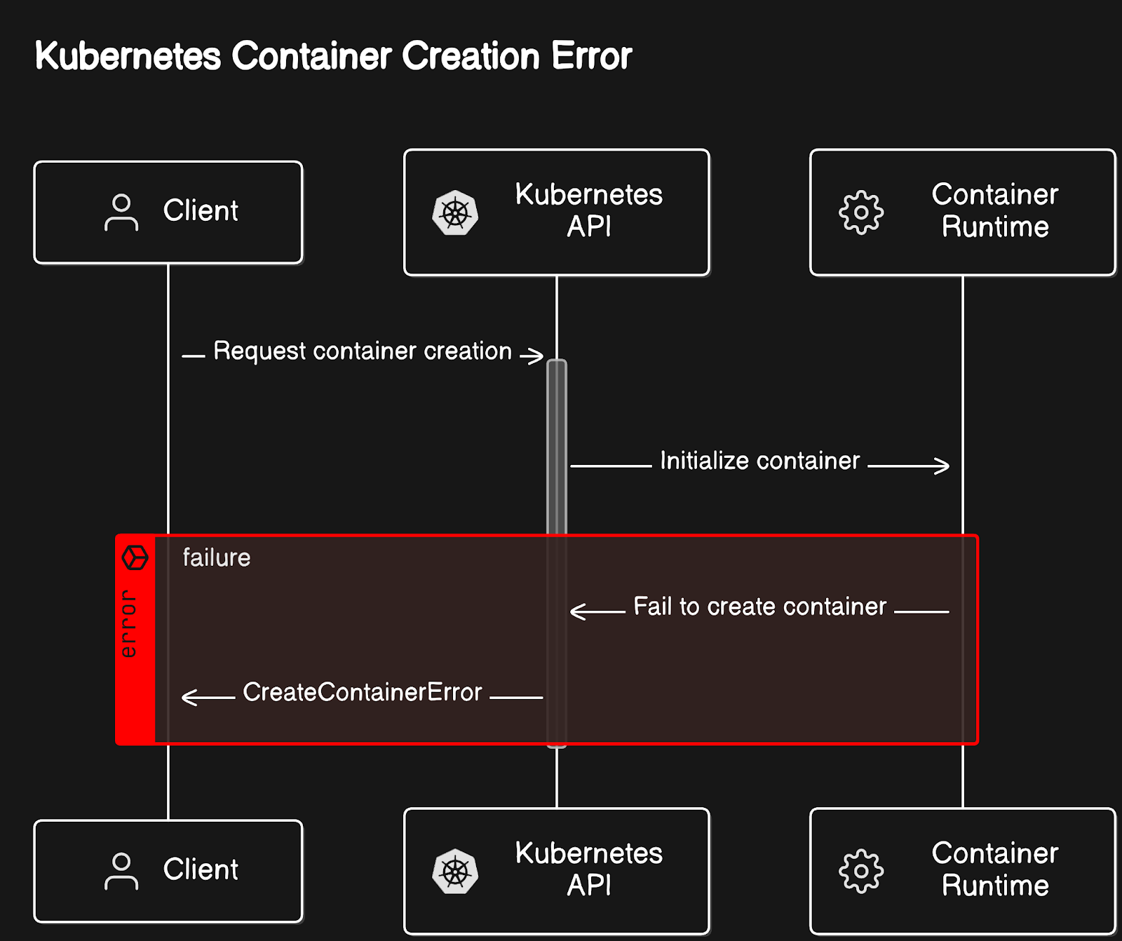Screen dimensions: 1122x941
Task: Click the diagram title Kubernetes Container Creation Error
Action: pyautogui.click(x=333, y=56)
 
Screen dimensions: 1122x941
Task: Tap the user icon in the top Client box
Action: pyautogui.click(x=121, y=212)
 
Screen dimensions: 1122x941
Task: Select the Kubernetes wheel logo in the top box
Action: pyautogui.click(x=455, y=212)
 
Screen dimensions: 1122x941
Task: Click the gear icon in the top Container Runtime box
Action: pyautogui.click(x=861, y=212)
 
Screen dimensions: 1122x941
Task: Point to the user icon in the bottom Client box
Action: pyautogui.click(x=121, y=871)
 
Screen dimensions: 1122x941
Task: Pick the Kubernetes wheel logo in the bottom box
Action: pyautogui.click(x=455, y=872)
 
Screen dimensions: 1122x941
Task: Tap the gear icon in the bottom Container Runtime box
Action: pyautogui.click(x=861, y=872)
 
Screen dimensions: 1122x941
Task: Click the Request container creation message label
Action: pyautogui.click(x=363, y=351)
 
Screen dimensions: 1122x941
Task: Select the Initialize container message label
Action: pyautogui.click(x=759, y=461)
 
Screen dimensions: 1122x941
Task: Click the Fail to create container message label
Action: pyautogui.click(x=760, y=607)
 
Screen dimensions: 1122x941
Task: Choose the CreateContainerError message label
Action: pyautogui.click(x=363, y=692)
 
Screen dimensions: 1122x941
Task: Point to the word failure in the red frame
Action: pyautogui.click(x=217, y=557)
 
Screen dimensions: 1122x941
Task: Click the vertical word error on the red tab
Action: pyautogui.click(x=128, y=623)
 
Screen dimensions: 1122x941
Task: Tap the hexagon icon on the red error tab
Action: pyautogui.click(x=135, y=558)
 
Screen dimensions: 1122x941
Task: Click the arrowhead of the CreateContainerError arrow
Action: pyautogui.click(x=189, y=698)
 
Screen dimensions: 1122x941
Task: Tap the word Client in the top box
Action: pyautogui.click(x=201, y=210)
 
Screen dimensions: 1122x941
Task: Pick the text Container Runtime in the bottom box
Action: pyautogui.click(x=995, y=869)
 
